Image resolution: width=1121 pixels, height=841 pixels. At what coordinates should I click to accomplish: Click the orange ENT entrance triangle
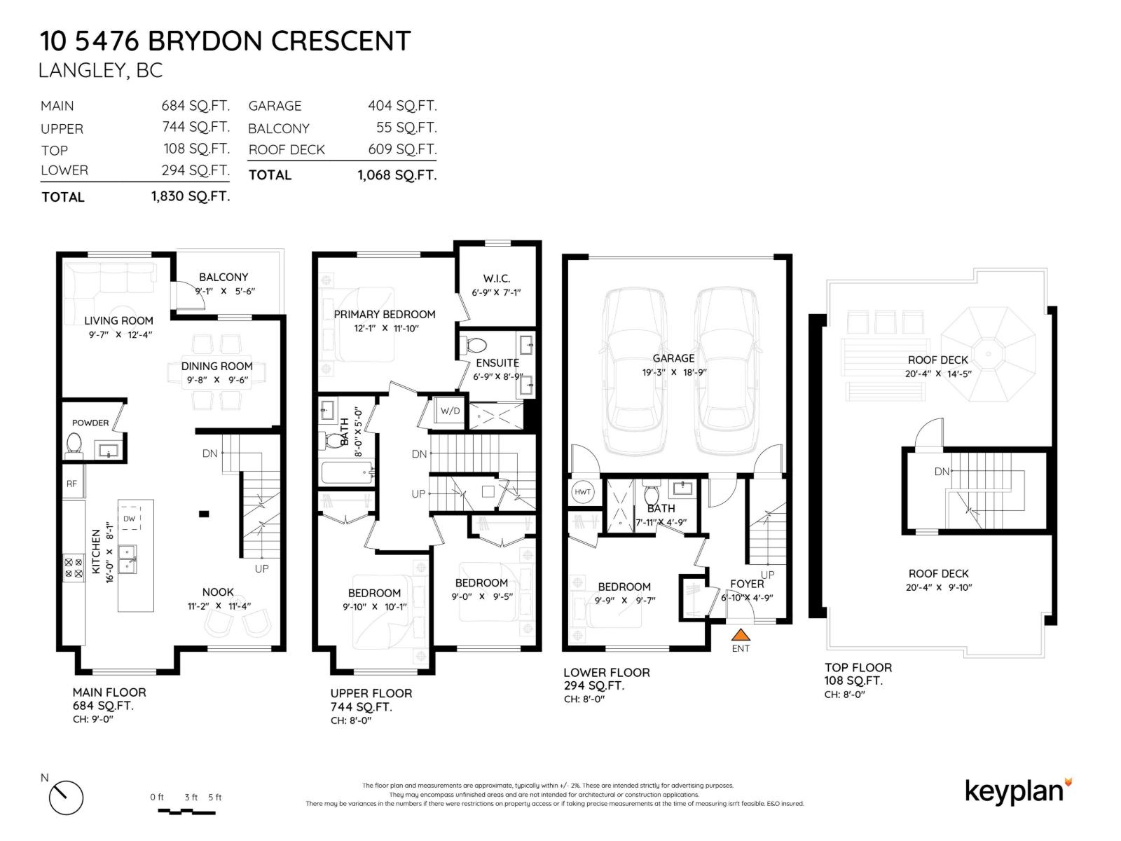[741, 635]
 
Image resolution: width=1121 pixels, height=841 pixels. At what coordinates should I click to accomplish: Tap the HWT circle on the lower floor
[583, 492]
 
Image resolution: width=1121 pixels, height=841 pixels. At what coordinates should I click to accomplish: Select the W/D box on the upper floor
[450, 411]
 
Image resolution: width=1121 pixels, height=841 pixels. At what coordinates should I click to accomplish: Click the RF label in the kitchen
[71, 484]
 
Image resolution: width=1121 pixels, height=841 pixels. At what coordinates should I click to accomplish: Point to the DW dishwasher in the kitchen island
[129, 519]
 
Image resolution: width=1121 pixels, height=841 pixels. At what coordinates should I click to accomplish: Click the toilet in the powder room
[74, 443]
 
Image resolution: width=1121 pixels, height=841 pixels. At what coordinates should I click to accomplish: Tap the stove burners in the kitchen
[74, 567]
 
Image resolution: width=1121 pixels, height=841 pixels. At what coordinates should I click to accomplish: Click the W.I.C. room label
[496, 278]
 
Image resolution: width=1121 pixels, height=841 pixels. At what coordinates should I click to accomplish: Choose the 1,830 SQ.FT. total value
[190, 197]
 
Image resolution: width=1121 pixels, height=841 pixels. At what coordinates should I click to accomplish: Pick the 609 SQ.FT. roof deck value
[401, 149]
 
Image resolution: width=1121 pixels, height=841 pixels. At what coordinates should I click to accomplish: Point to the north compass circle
[66, 798]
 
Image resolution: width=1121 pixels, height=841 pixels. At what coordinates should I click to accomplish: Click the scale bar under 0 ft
[186, 812]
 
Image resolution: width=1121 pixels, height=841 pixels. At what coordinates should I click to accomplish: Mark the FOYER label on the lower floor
[746, 584]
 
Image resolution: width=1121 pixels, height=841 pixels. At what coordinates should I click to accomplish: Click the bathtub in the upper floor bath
[347, 473]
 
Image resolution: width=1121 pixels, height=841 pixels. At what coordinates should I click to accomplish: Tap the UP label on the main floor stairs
[261, 568]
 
